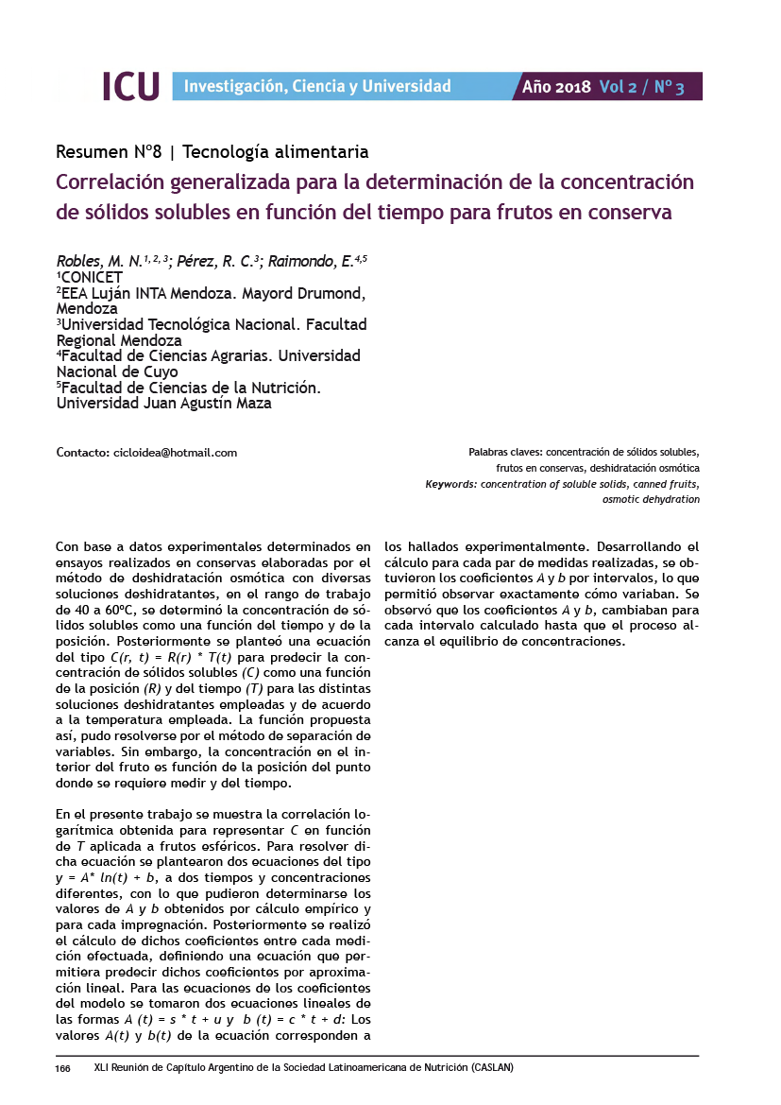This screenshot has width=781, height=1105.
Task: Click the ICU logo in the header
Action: point(130,86)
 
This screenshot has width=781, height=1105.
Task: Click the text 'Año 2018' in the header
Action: point(556,87)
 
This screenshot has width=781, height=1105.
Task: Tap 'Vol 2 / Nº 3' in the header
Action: point(641,87)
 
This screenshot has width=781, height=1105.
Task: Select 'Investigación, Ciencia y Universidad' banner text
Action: point(317,87)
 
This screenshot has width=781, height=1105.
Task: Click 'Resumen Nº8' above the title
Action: point(109,151)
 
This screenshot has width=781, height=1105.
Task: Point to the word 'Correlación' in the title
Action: point(111,181)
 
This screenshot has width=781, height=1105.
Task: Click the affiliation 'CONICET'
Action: point(92,277)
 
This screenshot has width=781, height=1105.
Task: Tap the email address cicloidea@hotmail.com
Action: point(175,453)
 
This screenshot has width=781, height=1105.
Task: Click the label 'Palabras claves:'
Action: point(505,453)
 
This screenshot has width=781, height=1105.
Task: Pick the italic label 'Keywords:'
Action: point(450,484)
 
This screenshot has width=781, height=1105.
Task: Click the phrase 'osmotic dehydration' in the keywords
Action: point(651,499)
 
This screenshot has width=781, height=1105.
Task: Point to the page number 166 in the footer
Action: point(63,1068)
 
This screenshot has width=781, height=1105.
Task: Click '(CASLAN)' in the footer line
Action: point(491,1068)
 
